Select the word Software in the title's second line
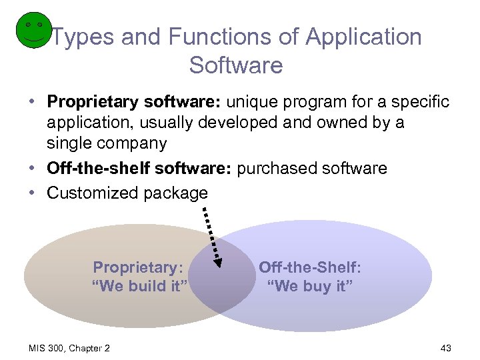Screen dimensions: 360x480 pyautogui.click(x=236, y=65)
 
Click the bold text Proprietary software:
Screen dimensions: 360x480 pyautogui.click(x=134, y=102)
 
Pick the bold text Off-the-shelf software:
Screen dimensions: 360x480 pyautogui.click(x=139, y=168)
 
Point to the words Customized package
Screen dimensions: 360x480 pyautogui.click(x=127, y=193)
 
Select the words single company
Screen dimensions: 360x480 pyautogui.click(x=107, y=143)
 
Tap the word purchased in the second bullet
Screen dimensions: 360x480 pyautogui.click(x=277, y=168)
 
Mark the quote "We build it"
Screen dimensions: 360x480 pyautogui.click(x=140, y=287)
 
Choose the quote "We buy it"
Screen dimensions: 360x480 pyautogui.click(x=310, y=287)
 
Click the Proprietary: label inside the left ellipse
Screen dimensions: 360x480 pyautogui.click(x=138, y=267)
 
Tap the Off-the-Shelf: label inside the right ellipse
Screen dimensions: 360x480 pyautogui.click(x=310, y=267)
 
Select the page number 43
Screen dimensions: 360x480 pyautogui.click(x=446, y=348)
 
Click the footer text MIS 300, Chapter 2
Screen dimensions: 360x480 pyautogui.click(x=69, y=348)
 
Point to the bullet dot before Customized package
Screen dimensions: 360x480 pyautogui.click(x=33, y=193)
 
